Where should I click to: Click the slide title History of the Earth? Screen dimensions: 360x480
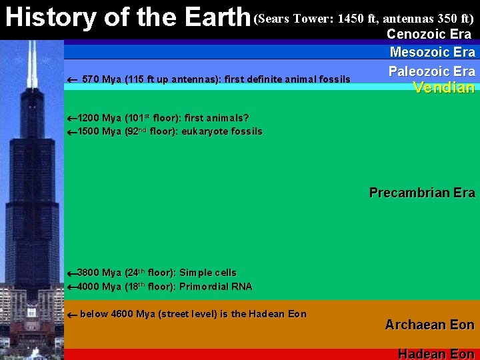[x=127, y=18]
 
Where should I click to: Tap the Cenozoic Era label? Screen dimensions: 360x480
[x=429, y=34]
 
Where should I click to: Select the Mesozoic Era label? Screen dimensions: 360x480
[x=432, y=52]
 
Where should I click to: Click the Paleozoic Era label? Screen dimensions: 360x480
[x=432, y=71]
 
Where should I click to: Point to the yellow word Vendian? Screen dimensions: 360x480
[x=443, y=87]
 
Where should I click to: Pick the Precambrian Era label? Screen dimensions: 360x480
[x=422, y=193]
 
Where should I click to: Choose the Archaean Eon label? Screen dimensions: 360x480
[x=429, y=325]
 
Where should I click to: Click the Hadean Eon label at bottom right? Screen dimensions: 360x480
[x=436, y=354]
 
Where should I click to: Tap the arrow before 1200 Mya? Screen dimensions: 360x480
[x=72, y=119]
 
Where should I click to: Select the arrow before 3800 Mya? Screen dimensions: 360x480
[x=72, y=273]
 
